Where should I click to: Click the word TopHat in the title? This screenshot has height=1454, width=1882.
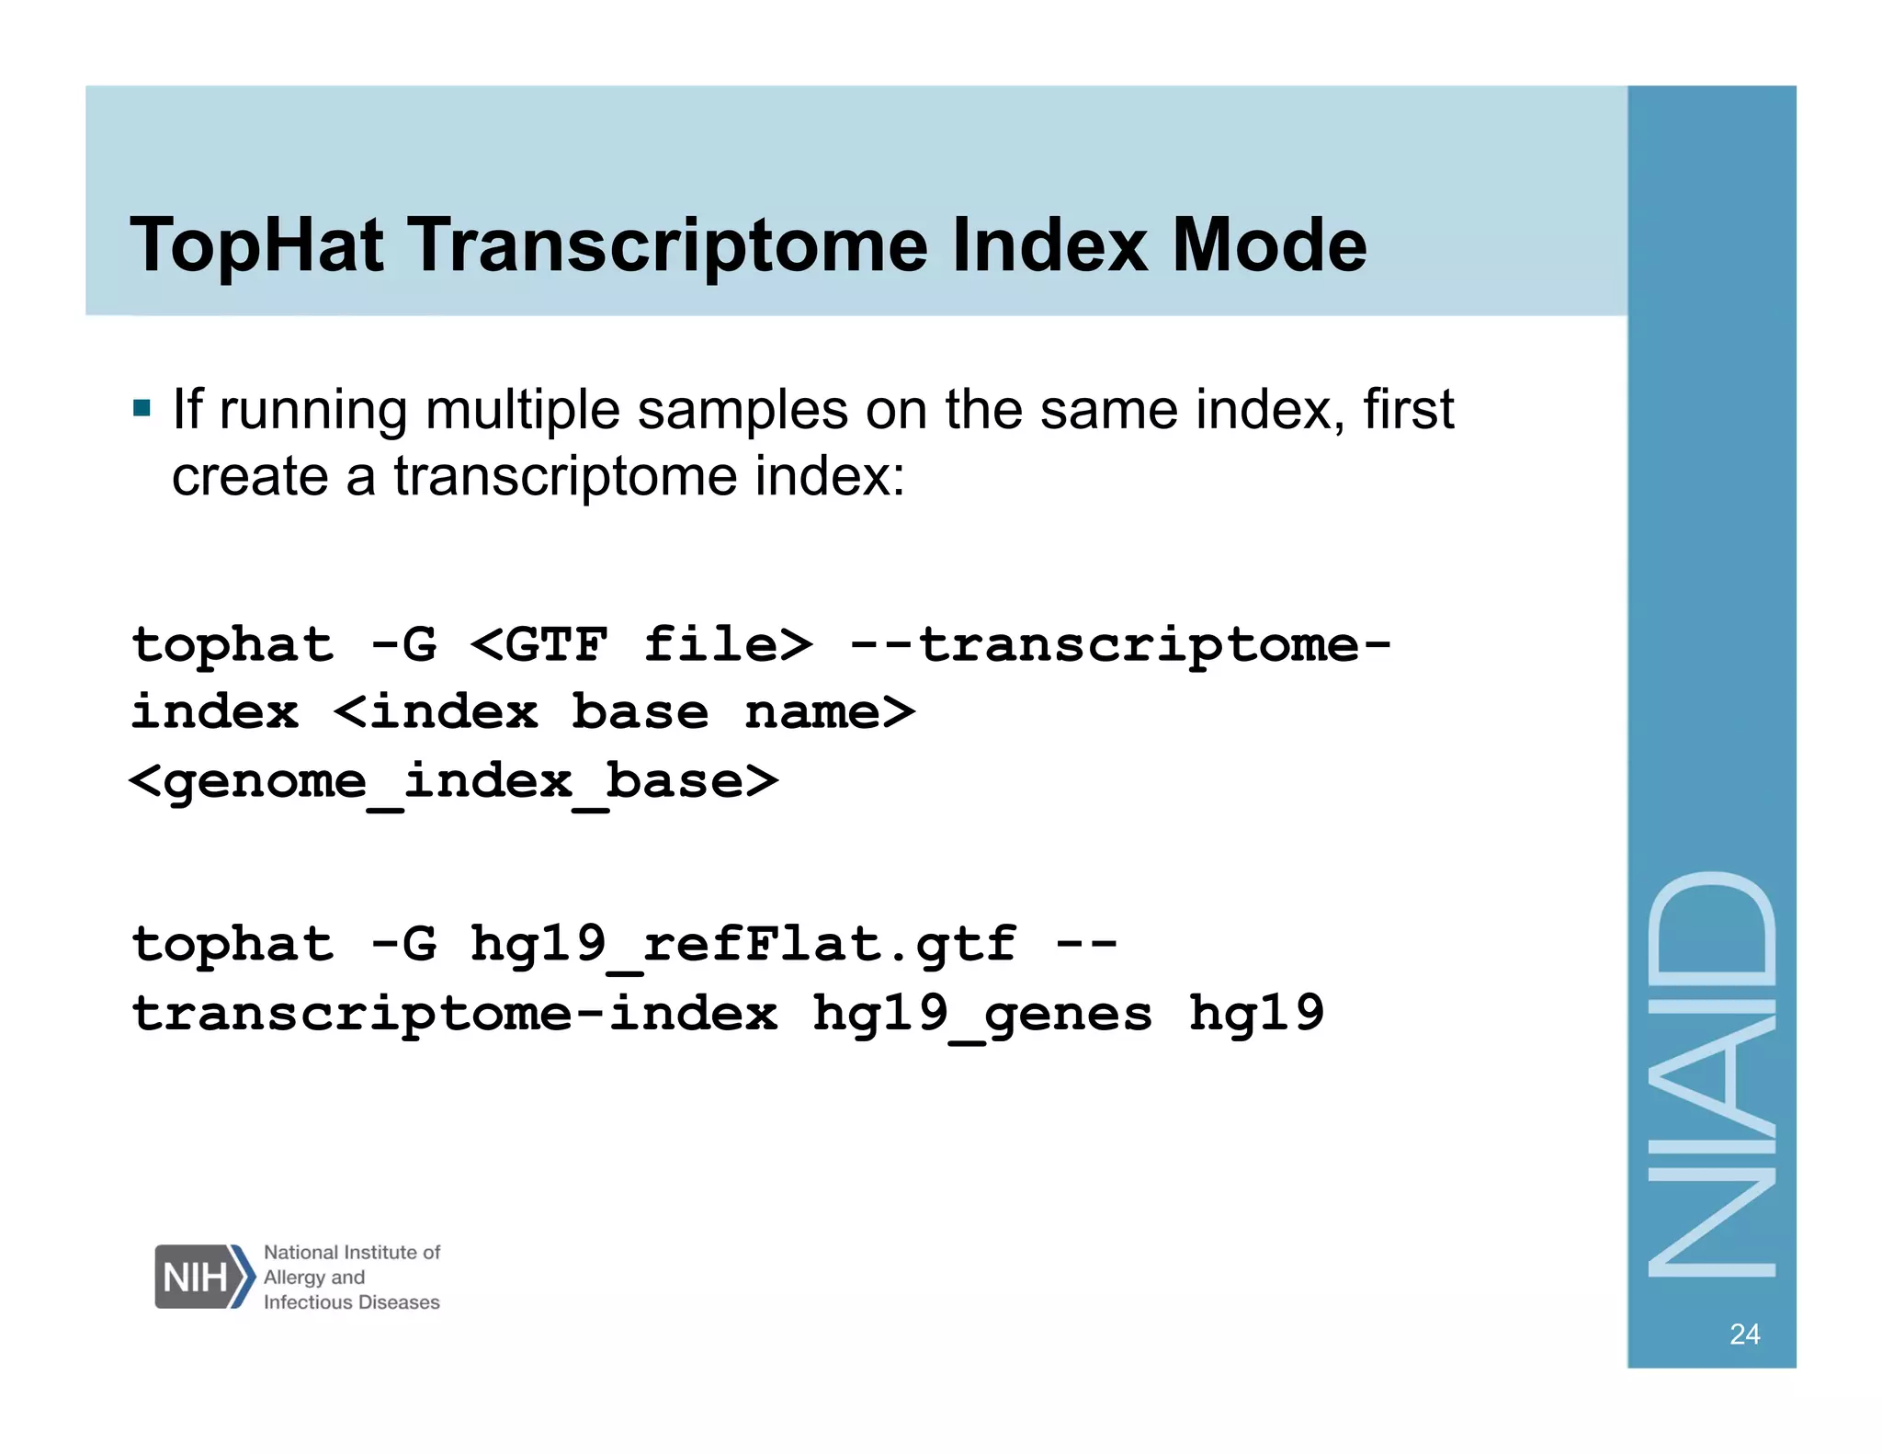click(x=256, y=245)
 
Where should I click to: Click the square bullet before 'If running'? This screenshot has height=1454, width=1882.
click(x=142, y=408)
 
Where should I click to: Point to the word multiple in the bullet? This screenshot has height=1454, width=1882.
click(x=522, y=410)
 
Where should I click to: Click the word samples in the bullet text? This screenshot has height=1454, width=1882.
click(x=743, y=410)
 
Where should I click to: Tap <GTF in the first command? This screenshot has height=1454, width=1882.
click(x=539, y=644)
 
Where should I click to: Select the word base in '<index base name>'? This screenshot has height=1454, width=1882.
click(x=640, y=712)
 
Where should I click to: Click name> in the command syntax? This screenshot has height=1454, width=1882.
click(x=830, y=712)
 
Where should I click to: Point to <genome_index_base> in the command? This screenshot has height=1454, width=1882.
click(x=454, y=782)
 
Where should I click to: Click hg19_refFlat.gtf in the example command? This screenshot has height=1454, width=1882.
click(x=743, y=945)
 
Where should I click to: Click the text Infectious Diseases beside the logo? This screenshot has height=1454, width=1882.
click(x=351, y=1302)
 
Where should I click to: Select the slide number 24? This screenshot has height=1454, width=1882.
click(x=1744, y=1334)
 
